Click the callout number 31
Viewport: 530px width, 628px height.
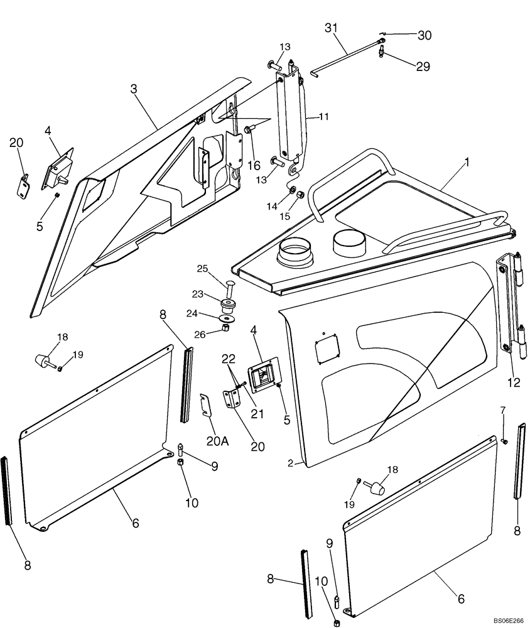332,28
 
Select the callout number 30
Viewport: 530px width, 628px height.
425,36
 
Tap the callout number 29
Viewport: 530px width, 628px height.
423,66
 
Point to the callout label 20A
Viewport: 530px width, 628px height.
216,441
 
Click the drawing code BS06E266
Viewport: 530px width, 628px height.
507,621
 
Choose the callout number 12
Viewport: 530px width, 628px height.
514,382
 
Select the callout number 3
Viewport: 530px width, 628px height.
133,89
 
